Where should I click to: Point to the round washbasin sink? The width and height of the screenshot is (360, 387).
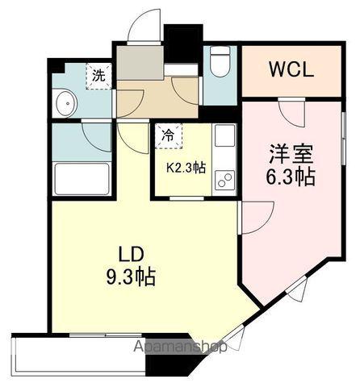(x=66, y=103)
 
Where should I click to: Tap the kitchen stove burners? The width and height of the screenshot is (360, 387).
(x=224, y=181)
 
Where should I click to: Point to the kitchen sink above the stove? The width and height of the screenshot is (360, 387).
(x=224, y=135)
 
